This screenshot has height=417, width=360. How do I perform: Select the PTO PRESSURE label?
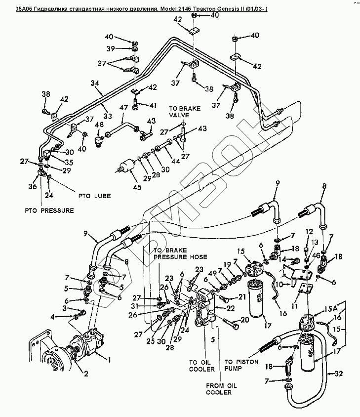49,210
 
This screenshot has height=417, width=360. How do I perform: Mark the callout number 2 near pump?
86,373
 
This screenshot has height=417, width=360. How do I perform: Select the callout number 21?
242,297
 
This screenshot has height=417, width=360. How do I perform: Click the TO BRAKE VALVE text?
183,112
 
